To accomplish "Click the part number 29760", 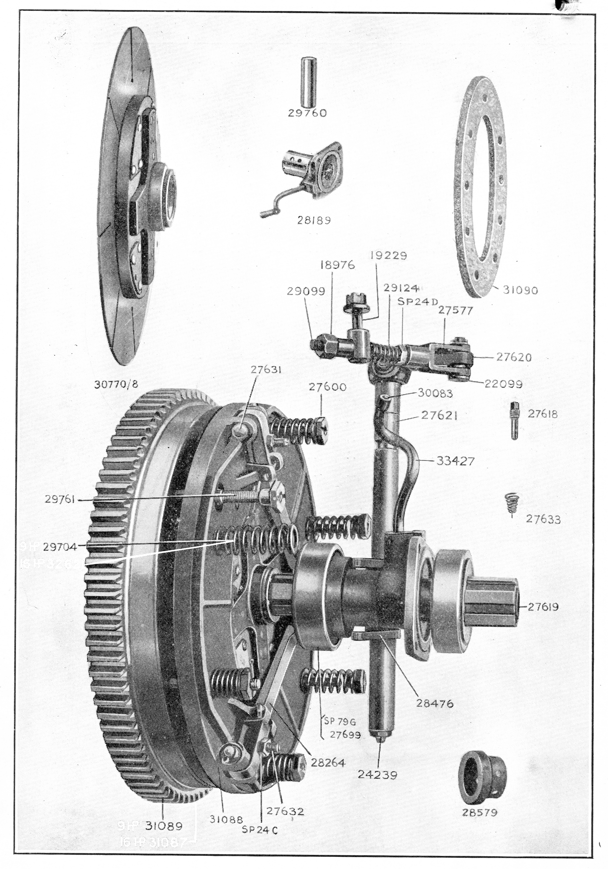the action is pyautogui.click(x=307, y=113).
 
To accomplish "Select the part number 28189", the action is pyautogui.click(x=314, y=220).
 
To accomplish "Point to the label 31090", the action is pyautogui.click(x=521, y=290).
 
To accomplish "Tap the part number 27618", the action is pyautogui.click(x=543, y=414).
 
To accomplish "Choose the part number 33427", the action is pyautogui.click(x=455, y=461).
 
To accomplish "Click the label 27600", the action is pyautogui.click(x=327, y=387).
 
